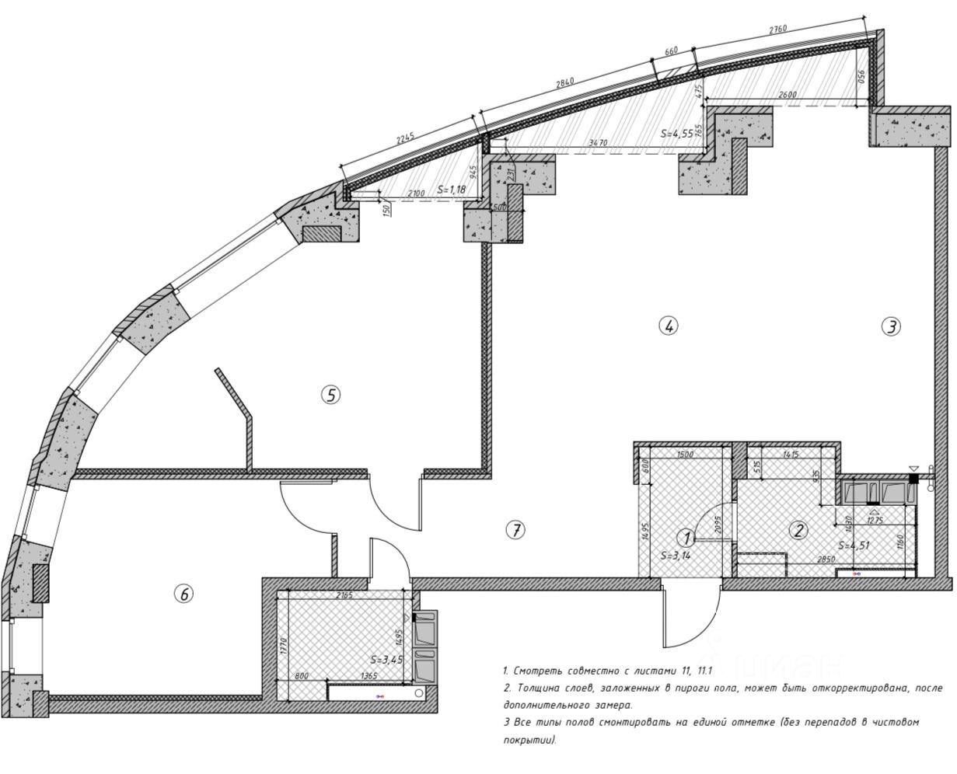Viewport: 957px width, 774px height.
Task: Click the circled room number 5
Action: pos(330,395)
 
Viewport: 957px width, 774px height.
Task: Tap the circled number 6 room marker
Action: pos(183,594)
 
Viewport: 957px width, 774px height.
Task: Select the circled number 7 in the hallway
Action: pos(515,530)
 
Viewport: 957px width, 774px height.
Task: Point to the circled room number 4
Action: pos(668,326)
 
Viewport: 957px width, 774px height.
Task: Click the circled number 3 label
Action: pos(891,326)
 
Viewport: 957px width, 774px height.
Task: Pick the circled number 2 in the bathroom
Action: pos(798,531)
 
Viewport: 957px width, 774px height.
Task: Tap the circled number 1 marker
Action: pos(686,537)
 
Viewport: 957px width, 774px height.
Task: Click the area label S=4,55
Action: pos(677,133)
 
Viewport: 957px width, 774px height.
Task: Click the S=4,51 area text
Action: pos(854,545)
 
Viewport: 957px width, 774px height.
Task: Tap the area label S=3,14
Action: pos(676,556)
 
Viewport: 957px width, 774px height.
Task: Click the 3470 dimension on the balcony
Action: pos(598,144)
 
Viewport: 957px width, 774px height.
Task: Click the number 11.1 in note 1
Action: pos(704,669)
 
